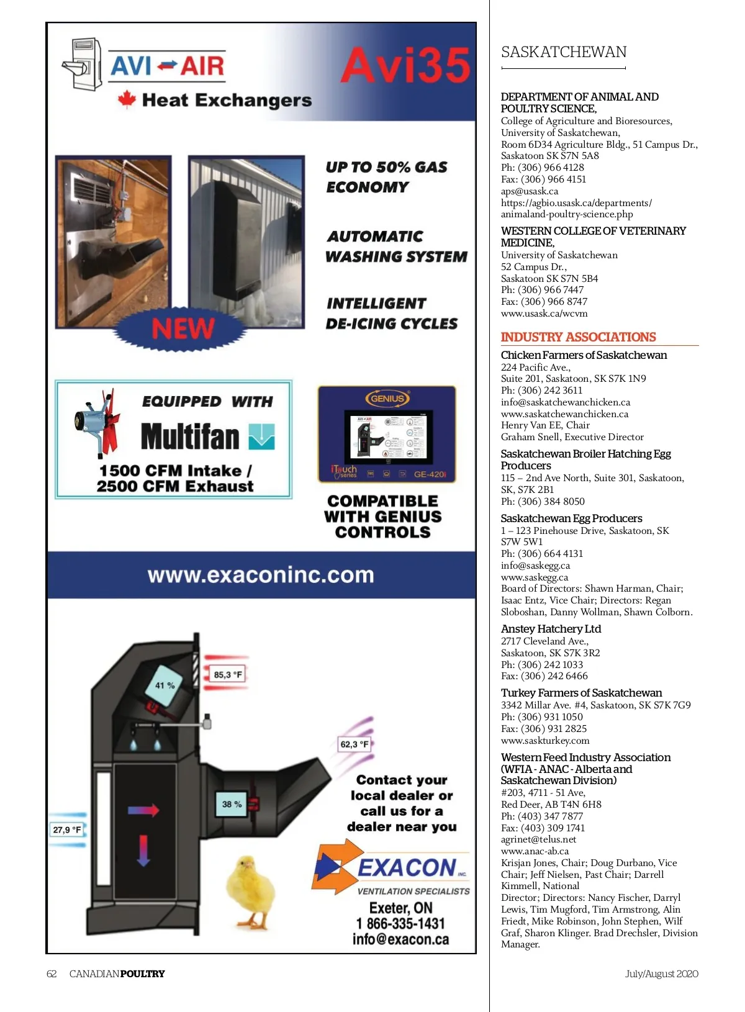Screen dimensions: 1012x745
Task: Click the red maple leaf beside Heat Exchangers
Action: (x=127, y=99)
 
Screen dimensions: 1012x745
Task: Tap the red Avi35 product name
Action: (x=405, y=66)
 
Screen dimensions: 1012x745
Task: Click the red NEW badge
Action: (x=183, y=328)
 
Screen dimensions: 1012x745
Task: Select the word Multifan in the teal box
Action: (x=190, y=436)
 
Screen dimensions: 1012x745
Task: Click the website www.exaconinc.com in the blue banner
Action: (x=261, y=575)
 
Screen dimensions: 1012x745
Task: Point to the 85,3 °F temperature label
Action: (x=228, y=675)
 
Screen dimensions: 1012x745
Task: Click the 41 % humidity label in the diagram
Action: (x=165, y=685)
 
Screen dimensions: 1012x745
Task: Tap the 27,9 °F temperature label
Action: (x=67, y=829)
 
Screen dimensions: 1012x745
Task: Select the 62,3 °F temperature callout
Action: (x=354, y=744)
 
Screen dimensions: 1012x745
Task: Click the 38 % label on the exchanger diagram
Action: (x=232, y=804)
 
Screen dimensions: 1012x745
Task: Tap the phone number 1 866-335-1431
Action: (x=400, y=924)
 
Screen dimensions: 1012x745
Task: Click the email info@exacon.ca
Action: (x=400, y=939)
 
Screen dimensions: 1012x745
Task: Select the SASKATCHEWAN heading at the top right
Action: (x=564, y=52)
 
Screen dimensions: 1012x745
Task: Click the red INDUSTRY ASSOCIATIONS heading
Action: (x=578, y=337)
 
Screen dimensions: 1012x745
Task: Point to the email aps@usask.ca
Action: (x=530, y=191)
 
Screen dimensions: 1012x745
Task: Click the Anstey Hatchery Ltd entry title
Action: (x=551, y=629)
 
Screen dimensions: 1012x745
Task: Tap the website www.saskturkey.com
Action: (x=545, y=740)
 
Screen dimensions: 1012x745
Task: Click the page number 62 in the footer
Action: (x=52, y=974)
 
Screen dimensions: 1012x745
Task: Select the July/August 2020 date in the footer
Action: (x=661, y=974)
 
